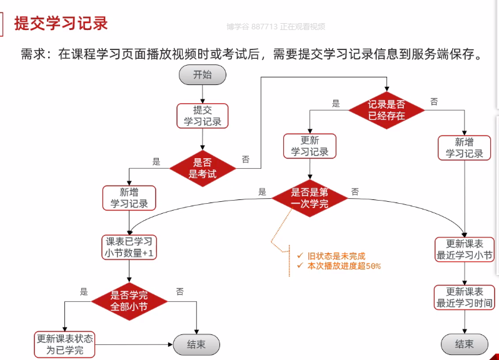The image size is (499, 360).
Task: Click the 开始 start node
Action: coord(202,75)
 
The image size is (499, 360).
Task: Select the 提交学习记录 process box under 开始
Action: coord(202,116)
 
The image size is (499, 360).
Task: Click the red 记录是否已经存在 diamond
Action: coord(386,110)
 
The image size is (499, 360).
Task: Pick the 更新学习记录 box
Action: coord(310,146)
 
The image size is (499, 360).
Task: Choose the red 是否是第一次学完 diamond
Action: coord(310,198)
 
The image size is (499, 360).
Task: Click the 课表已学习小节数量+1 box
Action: coord(129,247)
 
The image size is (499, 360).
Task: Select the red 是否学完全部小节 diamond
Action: coord(129,301)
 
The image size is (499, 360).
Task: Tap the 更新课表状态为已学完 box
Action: coord(65,344)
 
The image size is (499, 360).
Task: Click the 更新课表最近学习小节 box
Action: coord(465,249)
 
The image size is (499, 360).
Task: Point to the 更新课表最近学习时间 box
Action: coord(465,297)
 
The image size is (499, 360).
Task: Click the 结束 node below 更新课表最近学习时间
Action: coord(465,344)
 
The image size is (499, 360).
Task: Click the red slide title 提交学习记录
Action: coord(61,24)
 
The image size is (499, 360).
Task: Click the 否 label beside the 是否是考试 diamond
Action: coord(246,159)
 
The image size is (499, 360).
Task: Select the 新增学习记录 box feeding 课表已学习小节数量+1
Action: coord(129,198)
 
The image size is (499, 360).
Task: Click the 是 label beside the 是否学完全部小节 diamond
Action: coord(84,291)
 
